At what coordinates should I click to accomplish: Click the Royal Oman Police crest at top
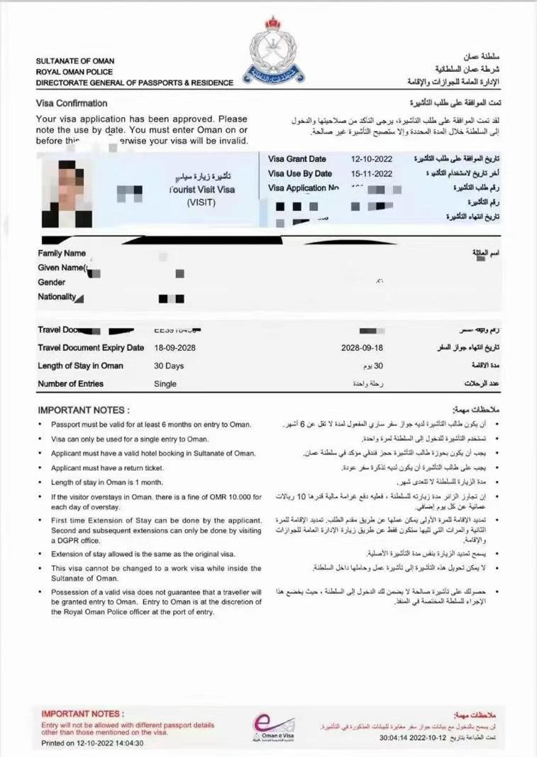tap(274, 50)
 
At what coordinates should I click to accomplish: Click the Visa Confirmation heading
tap(72, 103)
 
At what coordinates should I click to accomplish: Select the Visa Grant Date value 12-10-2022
tap(372, 159)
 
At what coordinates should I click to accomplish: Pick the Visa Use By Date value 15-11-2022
tap(372, 173)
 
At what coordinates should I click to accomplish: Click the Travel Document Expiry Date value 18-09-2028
tap(175, 348)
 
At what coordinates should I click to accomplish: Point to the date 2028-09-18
tap(362, 348)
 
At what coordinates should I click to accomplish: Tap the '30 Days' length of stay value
tap(169, 366)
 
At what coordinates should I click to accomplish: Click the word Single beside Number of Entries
tap(165, 383)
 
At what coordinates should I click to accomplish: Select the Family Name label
tap(62, 254)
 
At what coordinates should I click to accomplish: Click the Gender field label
tap(52, 282)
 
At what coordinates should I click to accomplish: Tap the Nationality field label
tap(57, 297)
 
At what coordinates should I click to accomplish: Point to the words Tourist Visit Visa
tap(202, 190)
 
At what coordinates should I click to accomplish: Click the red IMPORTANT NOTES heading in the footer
tap(82, 714)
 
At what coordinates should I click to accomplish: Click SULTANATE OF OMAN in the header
tap(75, 61)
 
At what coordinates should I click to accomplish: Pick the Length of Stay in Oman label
tap(80, 366)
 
